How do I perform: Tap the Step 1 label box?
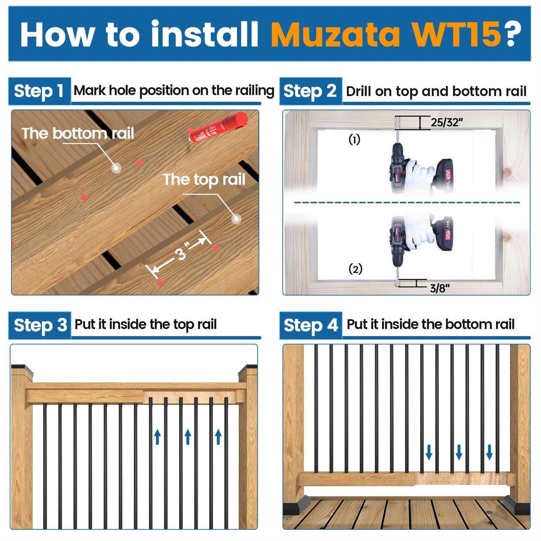(x=39, y=91)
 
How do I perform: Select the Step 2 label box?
(x=310, y=91)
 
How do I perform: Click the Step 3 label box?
(x=40, y=325)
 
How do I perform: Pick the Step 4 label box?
(x=311, y=325)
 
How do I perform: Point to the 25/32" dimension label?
(x=446, y=123)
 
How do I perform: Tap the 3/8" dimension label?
(x=440, y=288)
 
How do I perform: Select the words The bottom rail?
(x=78, y=133)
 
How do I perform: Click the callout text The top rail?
(x=204, y=179)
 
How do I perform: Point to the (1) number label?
(x=354, y=140)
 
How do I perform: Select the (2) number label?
(x=355, y=269)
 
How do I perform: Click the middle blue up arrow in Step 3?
(x=188, y=437)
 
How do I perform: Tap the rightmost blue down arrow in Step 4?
(x=489, y=452)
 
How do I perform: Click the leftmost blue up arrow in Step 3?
(x=157, y=437)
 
